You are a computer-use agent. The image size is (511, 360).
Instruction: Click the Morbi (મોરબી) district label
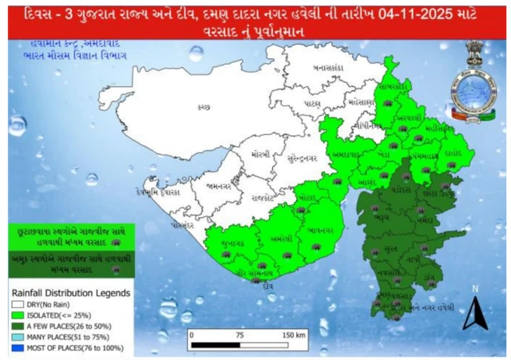259,153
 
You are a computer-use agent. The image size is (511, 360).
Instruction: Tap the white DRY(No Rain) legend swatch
16,304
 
